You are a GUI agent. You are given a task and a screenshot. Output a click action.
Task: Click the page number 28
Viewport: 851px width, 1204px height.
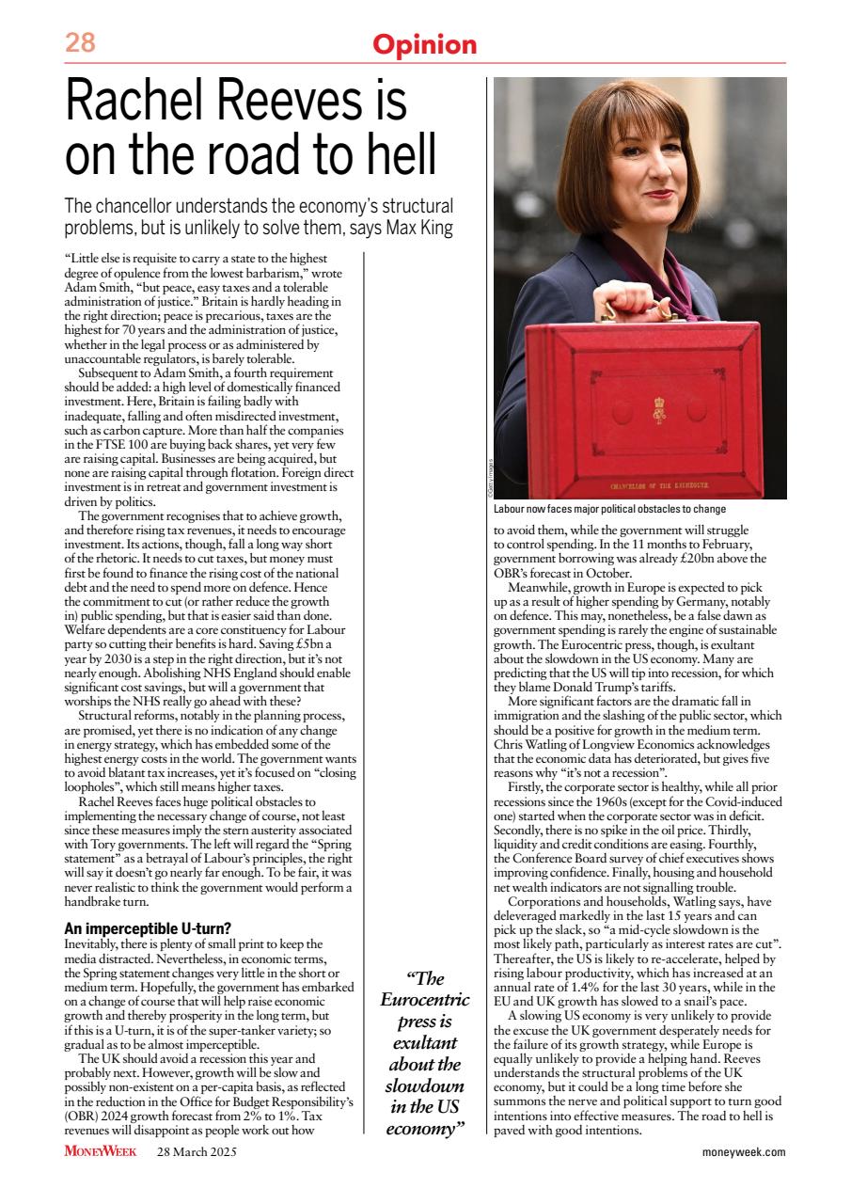click(80, 43)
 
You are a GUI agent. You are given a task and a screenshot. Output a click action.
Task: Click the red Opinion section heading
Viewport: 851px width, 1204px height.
click(425, 44)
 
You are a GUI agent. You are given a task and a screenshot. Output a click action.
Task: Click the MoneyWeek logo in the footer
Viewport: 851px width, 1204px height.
click(101, 1151)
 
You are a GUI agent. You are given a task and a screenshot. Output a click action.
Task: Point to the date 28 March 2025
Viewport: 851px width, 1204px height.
click(197, 1151)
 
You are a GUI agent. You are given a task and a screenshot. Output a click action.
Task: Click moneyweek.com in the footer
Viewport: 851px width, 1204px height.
click(743, 1152)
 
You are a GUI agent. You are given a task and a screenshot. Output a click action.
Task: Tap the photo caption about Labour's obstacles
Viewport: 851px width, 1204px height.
click(622, 509)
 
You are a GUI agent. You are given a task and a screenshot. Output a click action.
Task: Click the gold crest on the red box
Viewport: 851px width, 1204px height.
click(659, 409)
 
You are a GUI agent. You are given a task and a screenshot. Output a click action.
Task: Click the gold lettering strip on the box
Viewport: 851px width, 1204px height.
click(658, 487)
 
